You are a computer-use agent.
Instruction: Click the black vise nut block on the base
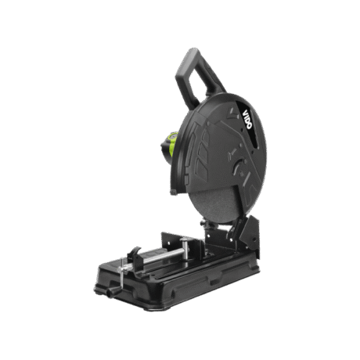click(134, 254)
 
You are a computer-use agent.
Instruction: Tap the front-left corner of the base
click(98, 286)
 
